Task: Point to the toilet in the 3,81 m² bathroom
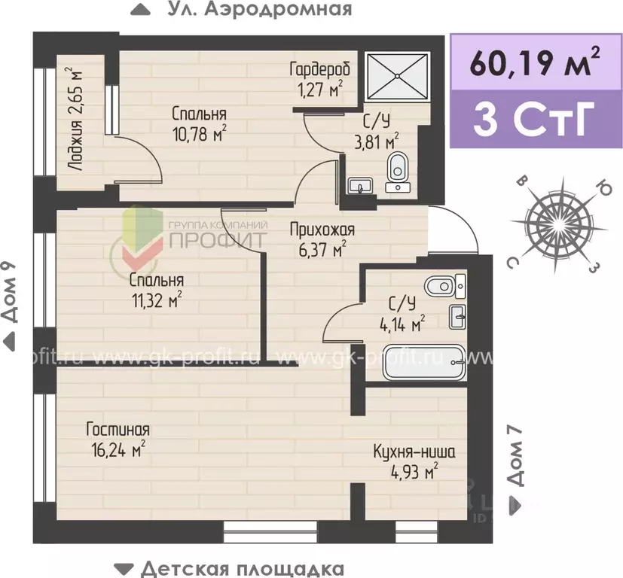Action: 396,169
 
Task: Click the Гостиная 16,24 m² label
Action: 117,440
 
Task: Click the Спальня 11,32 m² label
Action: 156,291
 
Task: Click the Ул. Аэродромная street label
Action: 241,10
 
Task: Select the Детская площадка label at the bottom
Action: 229,567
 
